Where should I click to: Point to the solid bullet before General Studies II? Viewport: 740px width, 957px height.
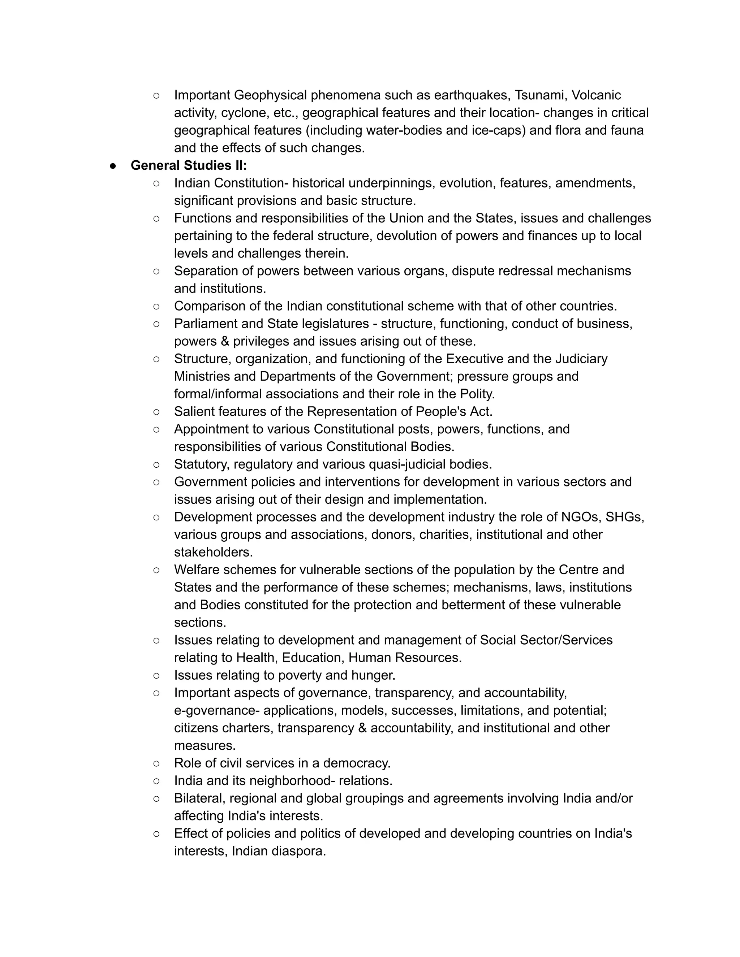(x=113, y=166)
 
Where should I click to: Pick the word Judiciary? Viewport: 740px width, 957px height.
(x=581, y=359)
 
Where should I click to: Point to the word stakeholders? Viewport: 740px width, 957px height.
(x=213, y=552)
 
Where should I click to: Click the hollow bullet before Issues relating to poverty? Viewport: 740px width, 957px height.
(x=156, y=676)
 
